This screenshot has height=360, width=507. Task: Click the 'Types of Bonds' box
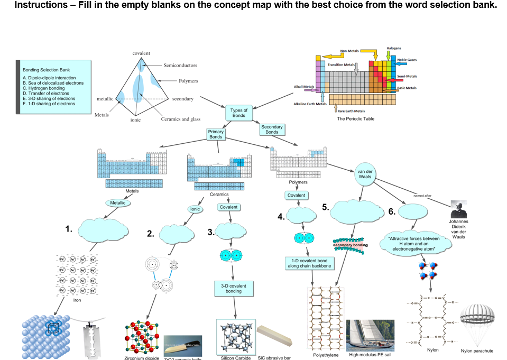(x=239, y=113)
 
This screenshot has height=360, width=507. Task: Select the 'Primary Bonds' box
(x=216, y=134)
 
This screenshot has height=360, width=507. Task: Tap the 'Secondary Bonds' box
(x=272, y=129)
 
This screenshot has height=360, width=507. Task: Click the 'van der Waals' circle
(x=365, y=176)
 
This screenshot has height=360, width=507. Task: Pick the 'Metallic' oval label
(x=119, y=202)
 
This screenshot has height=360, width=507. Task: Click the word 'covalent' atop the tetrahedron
(x=141, y=53)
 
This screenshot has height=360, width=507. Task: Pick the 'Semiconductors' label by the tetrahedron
(x=180, y=66)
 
